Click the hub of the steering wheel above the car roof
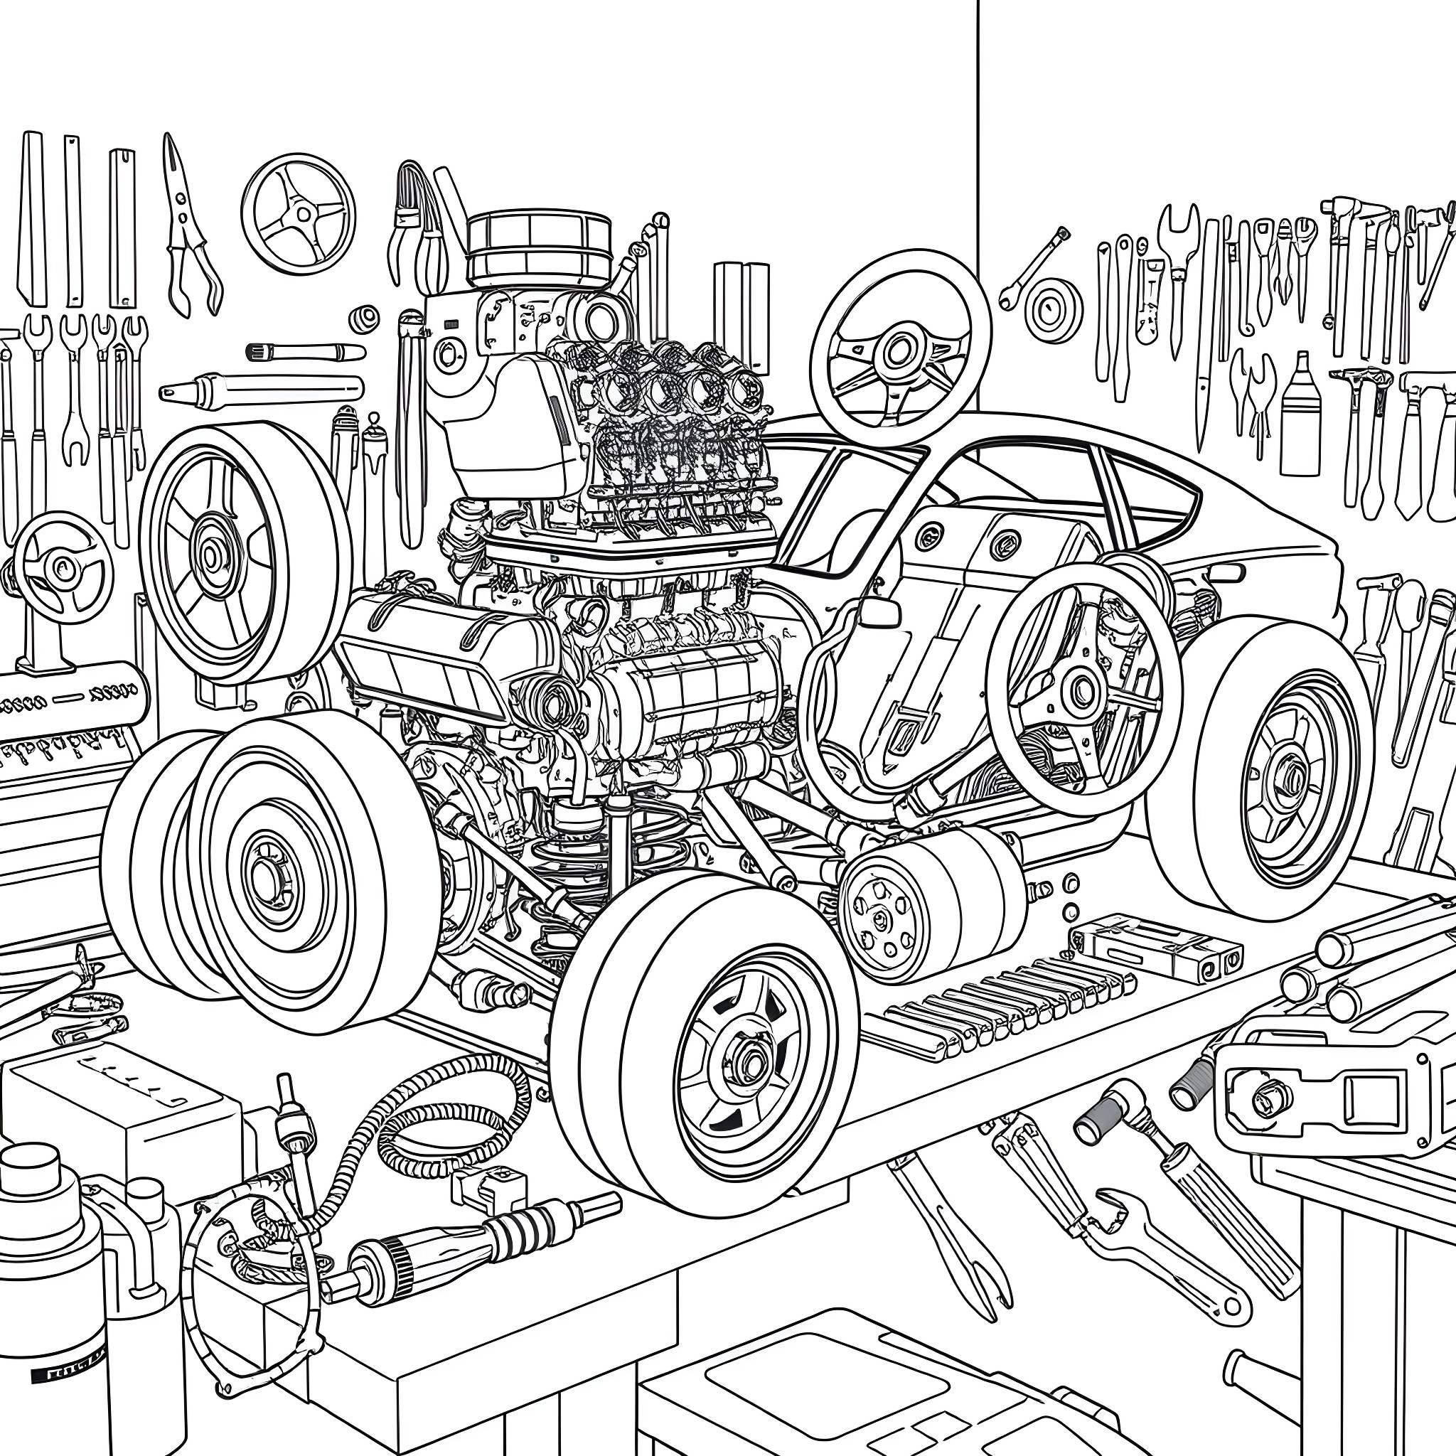(x=899, y=350)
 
